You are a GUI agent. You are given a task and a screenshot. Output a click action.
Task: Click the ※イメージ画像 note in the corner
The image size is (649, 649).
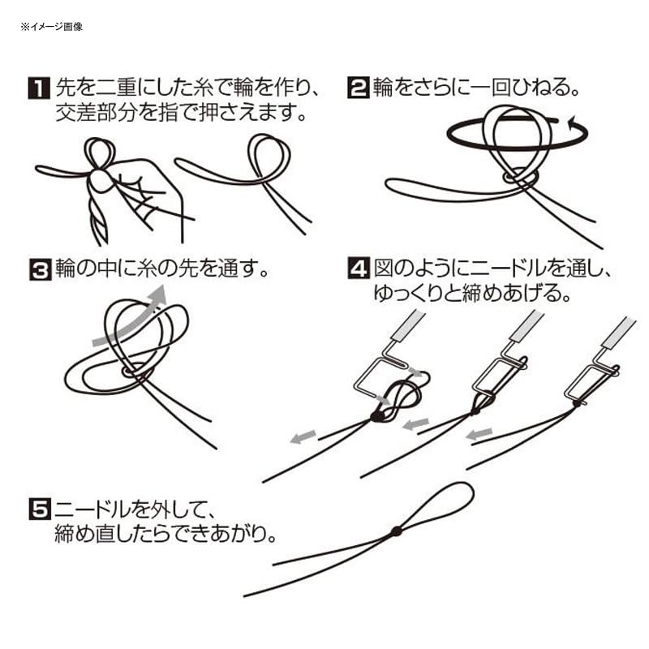point(52,27)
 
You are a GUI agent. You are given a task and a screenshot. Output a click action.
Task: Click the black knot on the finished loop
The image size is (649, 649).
point(396,532)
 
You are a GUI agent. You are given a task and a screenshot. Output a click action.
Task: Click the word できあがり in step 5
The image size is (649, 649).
point(232,536)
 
